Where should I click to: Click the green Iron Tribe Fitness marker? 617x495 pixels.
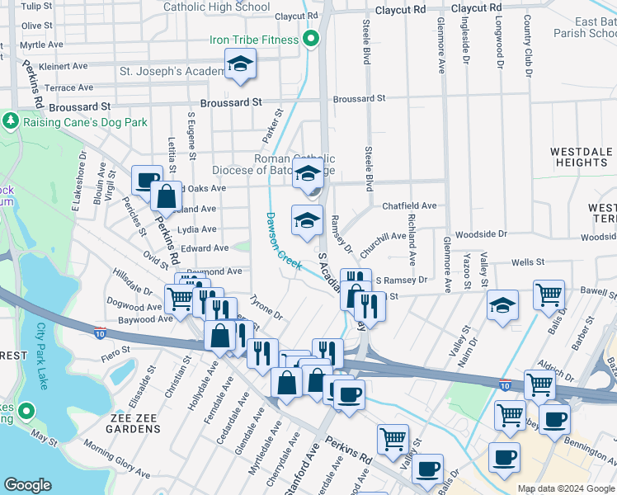point(311,39)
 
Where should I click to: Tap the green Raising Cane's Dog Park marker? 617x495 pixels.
point(10,122)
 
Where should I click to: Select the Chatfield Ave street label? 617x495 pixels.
point(409,205)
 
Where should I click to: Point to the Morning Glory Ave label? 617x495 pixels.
point(115,461)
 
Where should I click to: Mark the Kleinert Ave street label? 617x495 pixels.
point(63,65)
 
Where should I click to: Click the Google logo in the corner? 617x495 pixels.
point(27,485)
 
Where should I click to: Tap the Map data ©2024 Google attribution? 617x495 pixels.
point(565,488)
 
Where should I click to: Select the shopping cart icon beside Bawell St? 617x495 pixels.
point(549,293)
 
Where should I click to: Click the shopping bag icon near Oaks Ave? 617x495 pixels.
point(167,196)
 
